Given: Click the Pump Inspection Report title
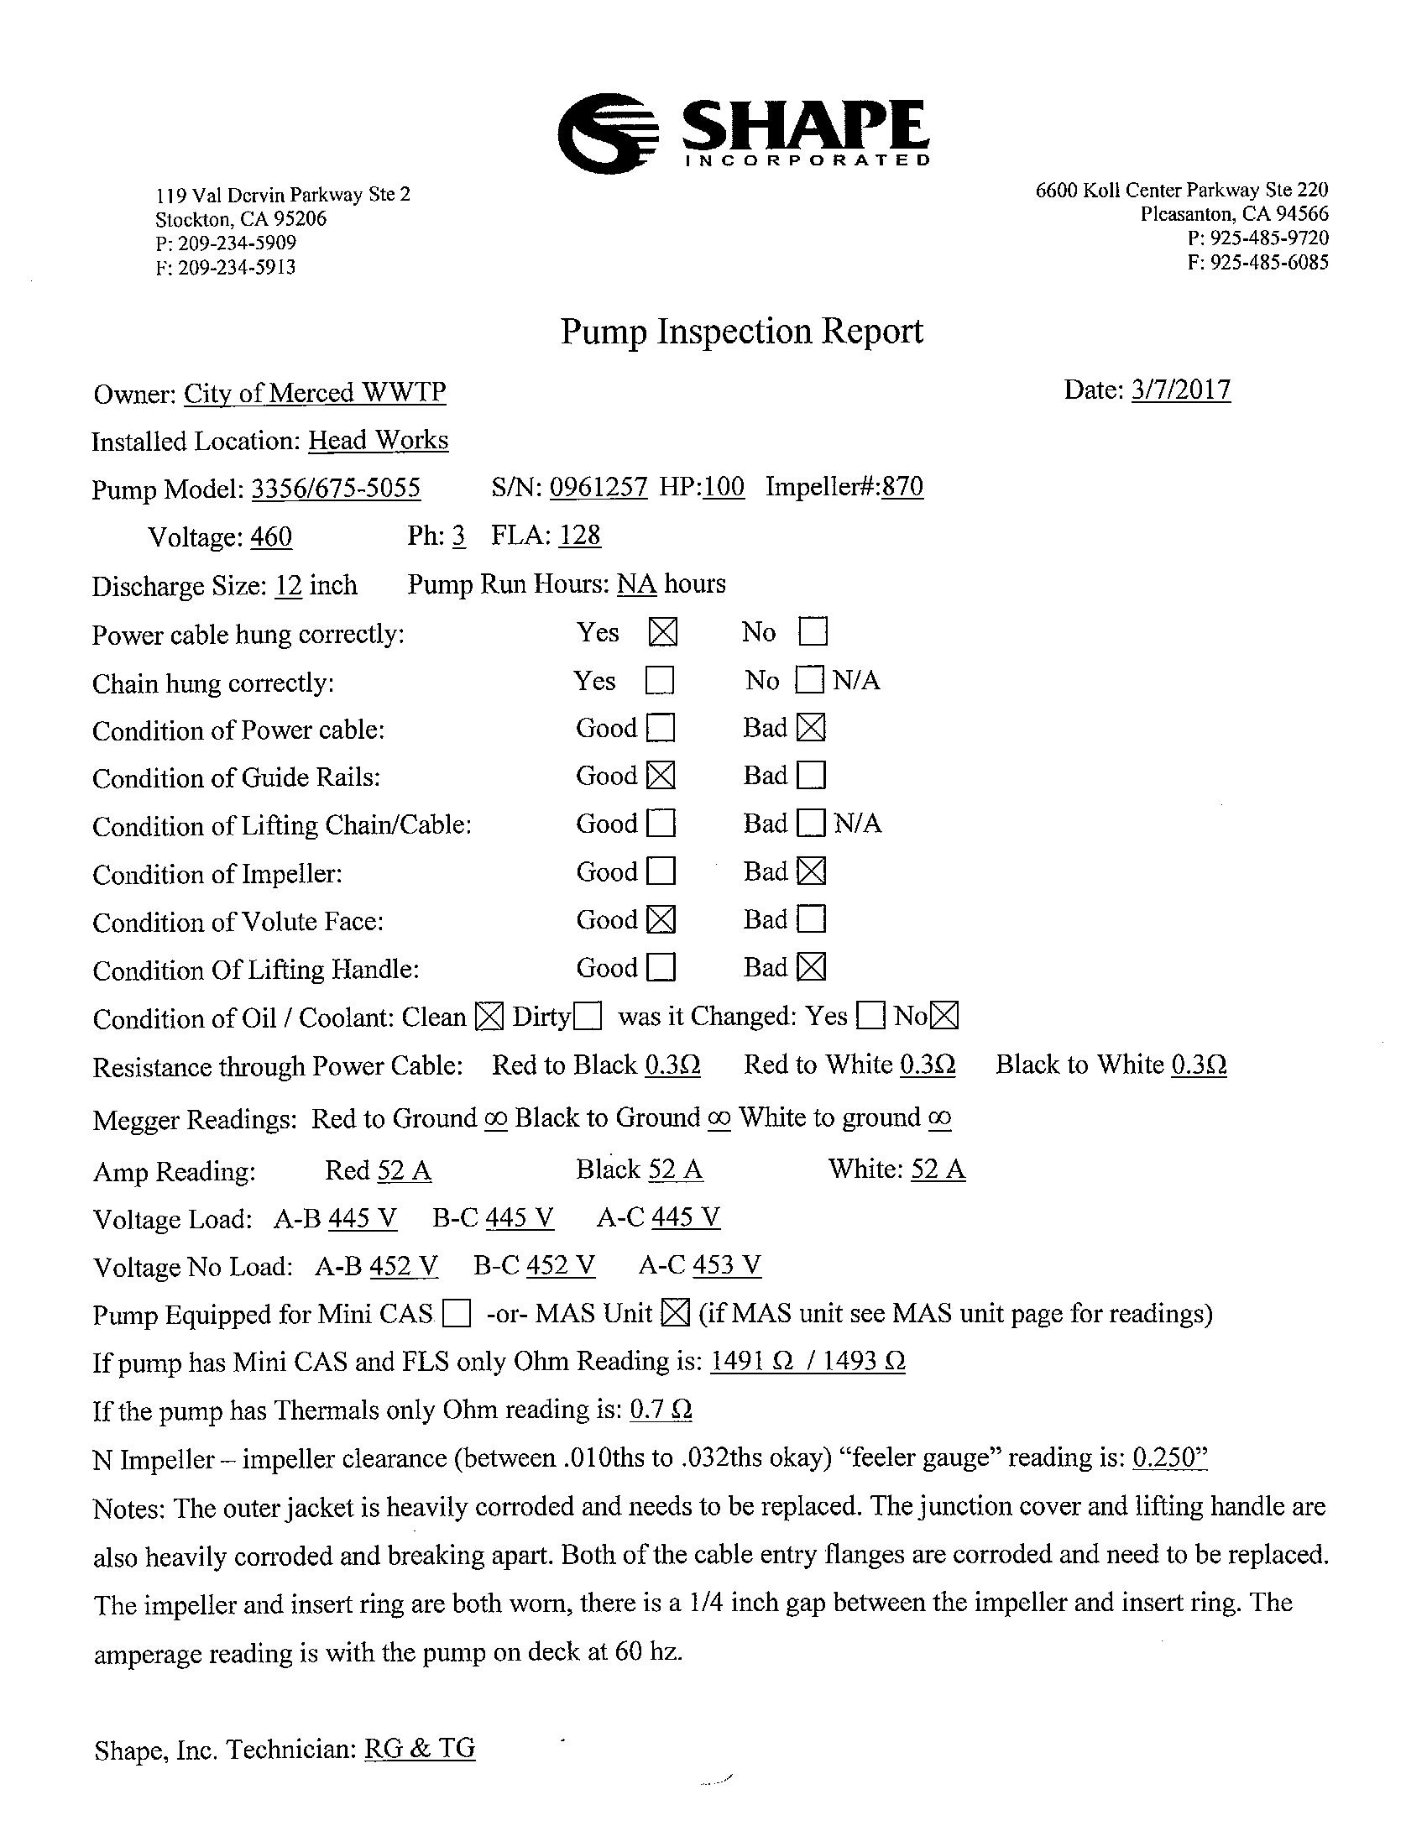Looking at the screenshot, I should point(741,331).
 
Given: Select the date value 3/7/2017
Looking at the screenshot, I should point(1180,390).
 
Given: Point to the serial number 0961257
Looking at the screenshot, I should point(599,487).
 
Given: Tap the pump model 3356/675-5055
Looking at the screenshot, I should point(336,489).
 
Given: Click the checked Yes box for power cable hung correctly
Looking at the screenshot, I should point(663,631).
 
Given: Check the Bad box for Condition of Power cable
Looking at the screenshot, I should point(811,728).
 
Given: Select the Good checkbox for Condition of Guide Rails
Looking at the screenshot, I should point(661,776).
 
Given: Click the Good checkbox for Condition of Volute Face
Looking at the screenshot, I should point(661,919).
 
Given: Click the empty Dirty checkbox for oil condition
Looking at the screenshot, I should point(588,1016).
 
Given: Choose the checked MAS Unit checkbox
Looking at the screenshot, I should point(674,1312).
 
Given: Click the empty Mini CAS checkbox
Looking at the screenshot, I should point(457,1313).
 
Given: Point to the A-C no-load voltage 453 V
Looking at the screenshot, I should point(726,1265).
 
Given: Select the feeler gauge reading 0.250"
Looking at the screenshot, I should point(1169,1457).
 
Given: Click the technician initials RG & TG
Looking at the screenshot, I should point(420,1748).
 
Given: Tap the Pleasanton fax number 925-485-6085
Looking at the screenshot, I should point(1269,262).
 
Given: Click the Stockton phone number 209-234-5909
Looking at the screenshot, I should point(237,243).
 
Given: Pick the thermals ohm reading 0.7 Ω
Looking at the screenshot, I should point(661,1410).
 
